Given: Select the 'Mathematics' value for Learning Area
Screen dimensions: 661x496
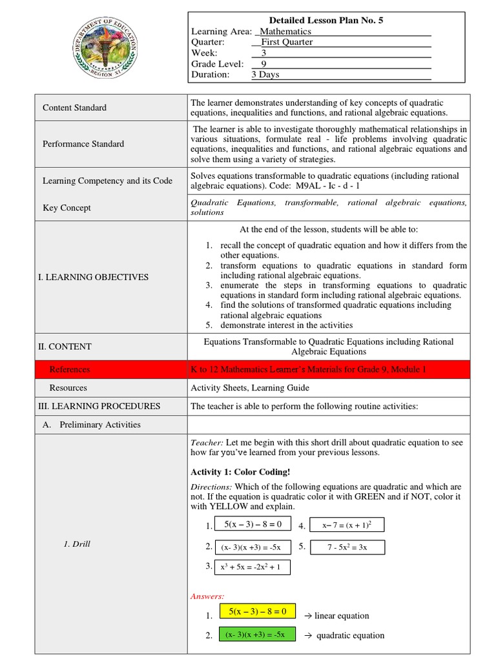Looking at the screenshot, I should pyautogui.click(x=285, y=31).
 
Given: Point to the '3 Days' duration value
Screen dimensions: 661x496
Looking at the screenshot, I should pyautogui.click(x=265, y=74).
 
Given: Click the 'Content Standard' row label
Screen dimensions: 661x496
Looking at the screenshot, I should pyautogui.click(x=74, y=108).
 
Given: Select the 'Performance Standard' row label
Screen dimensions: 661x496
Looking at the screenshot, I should pyautogui.click(x=83, y=144).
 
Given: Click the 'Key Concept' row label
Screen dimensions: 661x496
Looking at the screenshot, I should pyautogui.click(x=67, y=208).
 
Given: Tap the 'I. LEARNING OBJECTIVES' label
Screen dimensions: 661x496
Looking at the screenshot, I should pyautogui.click(x=93, y=277).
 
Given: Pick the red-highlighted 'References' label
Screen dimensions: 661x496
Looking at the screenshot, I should pyautogui.click(x=70, y=370).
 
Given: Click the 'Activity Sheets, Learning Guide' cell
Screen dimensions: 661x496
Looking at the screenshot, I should pyautogui.click(x=250, y=388).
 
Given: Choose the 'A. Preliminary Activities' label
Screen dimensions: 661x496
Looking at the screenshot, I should pyautogui.click(x=91, y=425).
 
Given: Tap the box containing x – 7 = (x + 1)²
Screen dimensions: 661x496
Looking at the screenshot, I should pyautogui.click(x=346, y=525).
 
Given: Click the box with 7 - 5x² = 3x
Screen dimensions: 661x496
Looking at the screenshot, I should pyautogui.click(x=347, y=547).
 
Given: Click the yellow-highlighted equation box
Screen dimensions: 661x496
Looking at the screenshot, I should pyautogui.click(x=257, y=611).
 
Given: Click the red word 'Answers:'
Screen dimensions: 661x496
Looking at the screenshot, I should pyautogui.click(x=207, y=596).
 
